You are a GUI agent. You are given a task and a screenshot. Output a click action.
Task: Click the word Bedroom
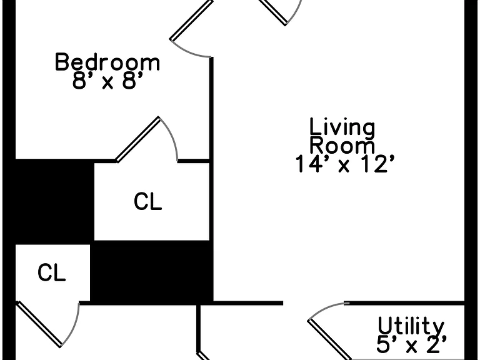pyautogui.click(x=107, y=62)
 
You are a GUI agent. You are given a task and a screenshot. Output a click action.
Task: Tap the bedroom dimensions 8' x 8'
pyautogui.click(x=107, y=81)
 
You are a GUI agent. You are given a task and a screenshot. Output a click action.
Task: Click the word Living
pyautogui.click(x=342, y=127)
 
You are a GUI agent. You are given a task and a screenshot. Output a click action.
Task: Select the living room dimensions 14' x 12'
pyautogui.click(x=344, y=164)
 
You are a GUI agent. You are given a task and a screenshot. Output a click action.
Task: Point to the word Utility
pyautogui.click(x=411, y=326)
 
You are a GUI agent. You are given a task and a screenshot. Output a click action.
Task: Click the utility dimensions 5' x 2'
pyautogui.click(x=411, y=344)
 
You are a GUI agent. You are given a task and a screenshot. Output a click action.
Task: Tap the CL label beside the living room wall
pyautogui.click(x=148, y=201)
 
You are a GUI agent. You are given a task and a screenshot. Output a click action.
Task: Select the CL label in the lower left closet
pyautogui.click(x=51, y=272)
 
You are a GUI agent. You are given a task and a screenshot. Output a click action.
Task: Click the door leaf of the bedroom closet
pyautogui.click(x=137, y=139)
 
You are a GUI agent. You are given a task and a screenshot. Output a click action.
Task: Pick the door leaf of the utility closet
pyautogui.click(x=329, y=339)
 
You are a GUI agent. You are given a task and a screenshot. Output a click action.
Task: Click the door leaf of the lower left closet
pyautogui.click(x=39, y=324)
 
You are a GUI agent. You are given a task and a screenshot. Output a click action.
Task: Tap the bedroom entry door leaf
pyautogui.click(x=191, y=20)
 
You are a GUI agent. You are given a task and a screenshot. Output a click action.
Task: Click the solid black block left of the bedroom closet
pyautogui.click(x=54, y=201)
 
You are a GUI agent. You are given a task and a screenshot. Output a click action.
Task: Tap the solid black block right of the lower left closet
pyautogui.click(x=151, y=272)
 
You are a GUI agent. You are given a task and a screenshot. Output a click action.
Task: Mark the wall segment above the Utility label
pyautogui.click(x=404, y=303)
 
